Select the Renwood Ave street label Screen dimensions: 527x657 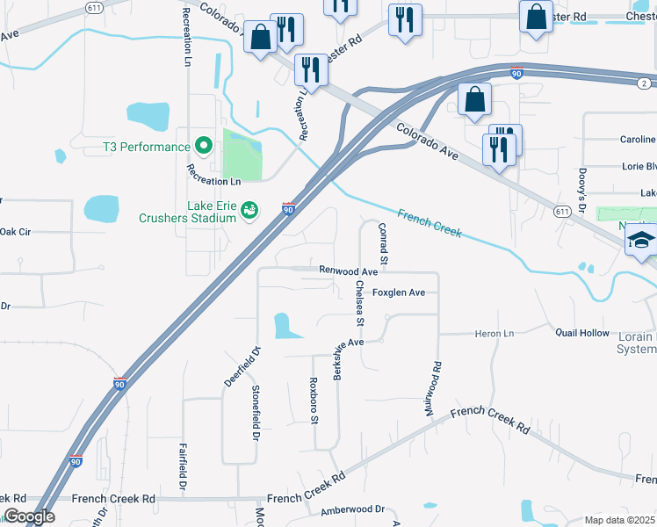(348, 272)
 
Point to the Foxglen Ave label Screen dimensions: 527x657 (399, 292)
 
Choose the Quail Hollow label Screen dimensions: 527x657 (581, 333)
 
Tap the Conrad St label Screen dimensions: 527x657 (383, 243)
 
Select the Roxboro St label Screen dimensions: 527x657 (314, 400)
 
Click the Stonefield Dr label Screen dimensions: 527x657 (256, 413)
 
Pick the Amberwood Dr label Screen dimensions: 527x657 (353, 509)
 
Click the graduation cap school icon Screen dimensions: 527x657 (641, 241)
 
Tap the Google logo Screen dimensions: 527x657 (29, 516)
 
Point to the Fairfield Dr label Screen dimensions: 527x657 (184, 466)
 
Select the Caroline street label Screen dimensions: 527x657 (638, 140)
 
